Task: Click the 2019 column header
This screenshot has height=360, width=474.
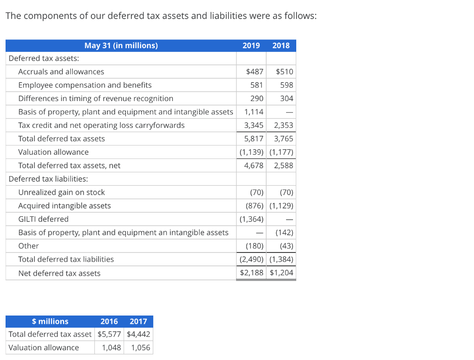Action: [x=251, y=45]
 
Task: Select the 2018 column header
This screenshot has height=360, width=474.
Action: [x=281, y=45]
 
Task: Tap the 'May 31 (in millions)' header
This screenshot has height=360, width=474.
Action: [x=121, y=45]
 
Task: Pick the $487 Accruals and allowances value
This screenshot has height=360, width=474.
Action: [x=255, y=72]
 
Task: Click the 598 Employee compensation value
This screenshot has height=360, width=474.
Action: [x=287, y=85]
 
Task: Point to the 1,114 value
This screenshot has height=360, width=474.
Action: [x=254, y=112]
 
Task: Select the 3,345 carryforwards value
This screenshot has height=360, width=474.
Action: [x=254, y=126]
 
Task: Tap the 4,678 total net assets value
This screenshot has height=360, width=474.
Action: [x=254, y=165]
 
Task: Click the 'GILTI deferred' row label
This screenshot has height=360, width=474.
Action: [x=43, y=219]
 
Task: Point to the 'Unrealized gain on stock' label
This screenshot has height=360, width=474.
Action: [x=61, y=192]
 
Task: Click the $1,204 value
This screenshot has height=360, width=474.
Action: [x=281, y=273]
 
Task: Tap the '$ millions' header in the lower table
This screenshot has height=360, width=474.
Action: [x=50, y=322]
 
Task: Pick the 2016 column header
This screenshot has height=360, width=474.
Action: [x=109, y=322]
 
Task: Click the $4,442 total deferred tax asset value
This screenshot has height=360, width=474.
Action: [x=138, y=335]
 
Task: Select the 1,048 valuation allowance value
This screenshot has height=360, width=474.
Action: [x=112, y=348]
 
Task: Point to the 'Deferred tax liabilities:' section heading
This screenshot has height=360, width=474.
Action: [x=48, y=179]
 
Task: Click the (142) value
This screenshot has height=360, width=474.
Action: [x=284, y=233]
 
